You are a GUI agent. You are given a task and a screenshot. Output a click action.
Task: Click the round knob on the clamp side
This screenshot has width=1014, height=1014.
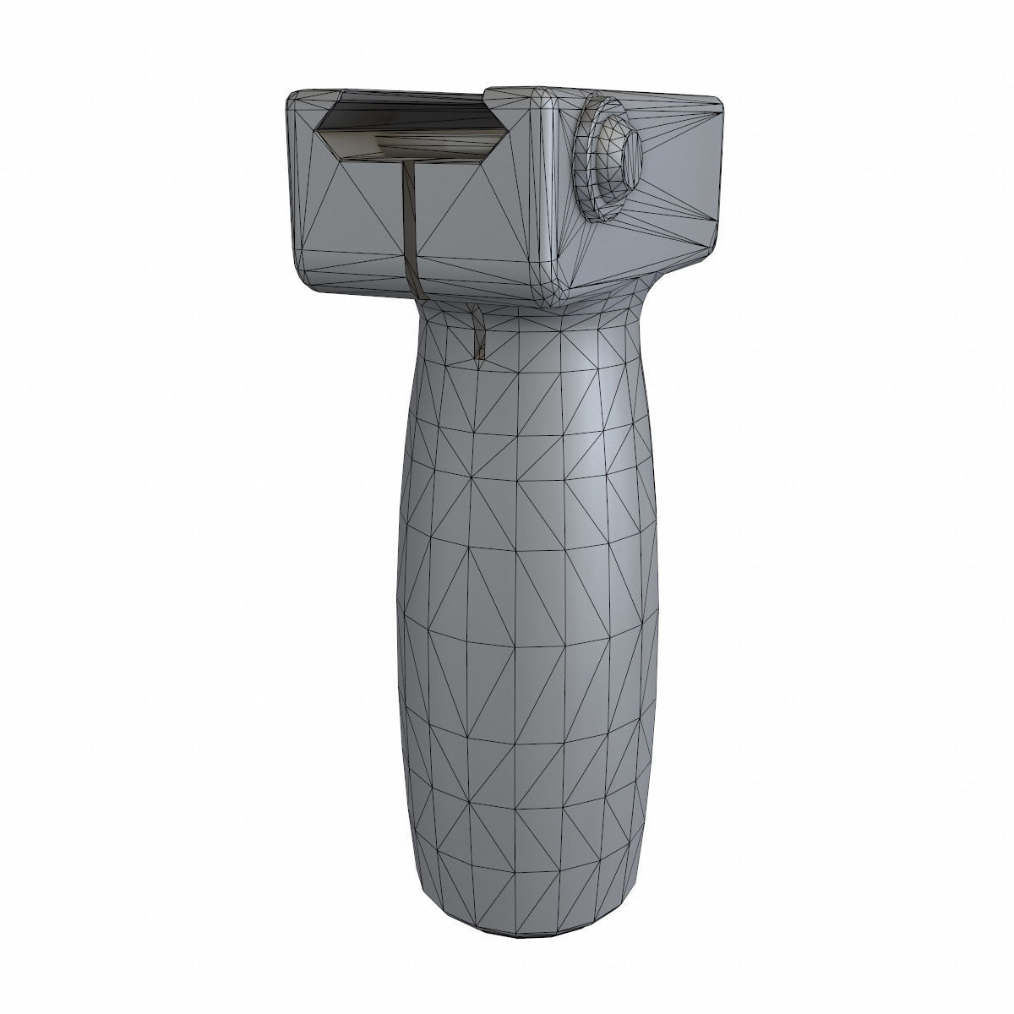coord(605,159)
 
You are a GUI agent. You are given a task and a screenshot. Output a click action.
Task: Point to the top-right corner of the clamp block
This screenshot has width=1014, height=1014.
coord(718,105)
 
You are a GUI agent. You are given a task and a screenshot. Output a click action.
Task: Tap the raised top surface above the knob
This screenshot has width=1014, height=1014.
coord(625,97)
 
